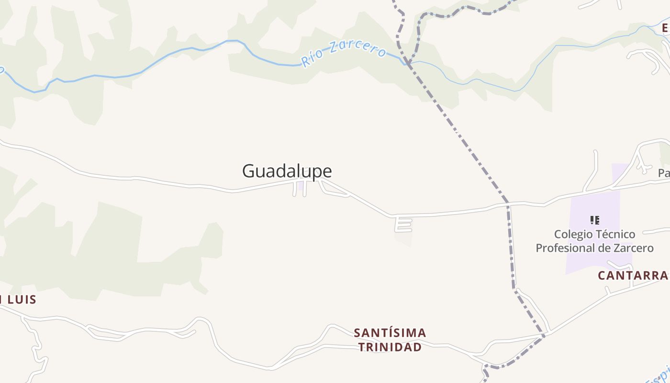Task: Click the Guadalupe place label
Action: (287, 171)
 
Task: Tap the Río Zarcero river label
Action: (343, 53)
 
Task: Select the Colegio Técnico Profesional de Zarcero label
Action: (594, 241)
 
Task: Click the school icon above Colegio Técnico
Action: (594, 220)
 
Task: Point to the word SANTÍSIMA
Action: (390, 333)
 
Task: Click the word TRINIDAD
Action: (390, 347)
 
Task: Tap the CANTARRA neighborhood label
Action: (633, 275)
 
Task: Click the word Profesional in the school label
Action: (568, 248)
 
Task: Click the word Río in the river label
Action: (311, 58)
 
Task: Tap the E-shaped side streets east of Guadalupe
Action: (403, 224)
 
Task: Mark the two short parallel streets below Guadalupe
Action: (300, 189)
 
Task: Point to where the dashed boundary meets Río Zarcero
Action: (407, 63)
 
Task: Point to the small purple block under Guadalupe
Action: (300, 185)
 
